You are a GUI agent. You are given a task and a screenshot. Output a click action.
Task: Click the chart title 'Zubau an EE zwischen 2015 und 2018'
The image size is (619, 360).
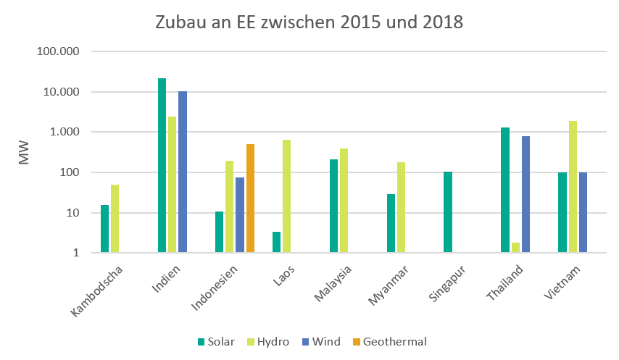tap(309, 22)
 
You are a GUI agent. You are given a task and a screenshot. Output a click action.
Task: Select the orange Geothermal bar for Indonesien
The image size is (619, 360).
tap(250, 198)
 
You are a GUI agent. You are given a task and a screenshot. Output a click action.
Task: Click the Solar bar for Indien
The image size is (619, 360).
tap(162, 165)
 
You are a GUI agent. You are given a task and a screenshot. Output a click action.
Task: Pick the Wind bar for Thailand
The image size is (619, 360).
tap(525, 194)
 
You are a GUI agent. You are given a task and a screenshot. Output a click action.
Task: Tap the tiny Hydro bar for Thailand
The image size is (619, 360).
tap(515, 248)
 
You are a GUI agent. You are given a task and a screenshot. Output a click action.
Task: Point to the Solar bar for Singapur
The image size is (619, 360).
tap(448, 212)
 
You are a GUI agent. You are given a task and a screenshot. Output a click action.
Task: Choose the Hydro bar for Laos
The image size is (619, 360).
tap(287, 196)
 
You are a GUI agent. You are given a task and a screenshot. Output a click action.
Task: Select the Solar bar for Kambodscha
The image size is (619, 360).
tap(104, 229)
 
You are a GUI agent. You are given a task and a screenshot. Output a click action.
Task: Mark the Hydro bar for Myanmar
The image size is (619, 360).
tap(401, 207)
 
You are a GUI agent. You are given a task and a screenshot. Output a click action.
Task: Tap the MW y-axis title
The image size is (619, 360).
tap(24, 153)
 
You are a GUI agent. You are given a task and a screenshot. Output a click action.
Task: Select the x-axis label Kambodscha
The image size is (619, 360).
tap(98, 293)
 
